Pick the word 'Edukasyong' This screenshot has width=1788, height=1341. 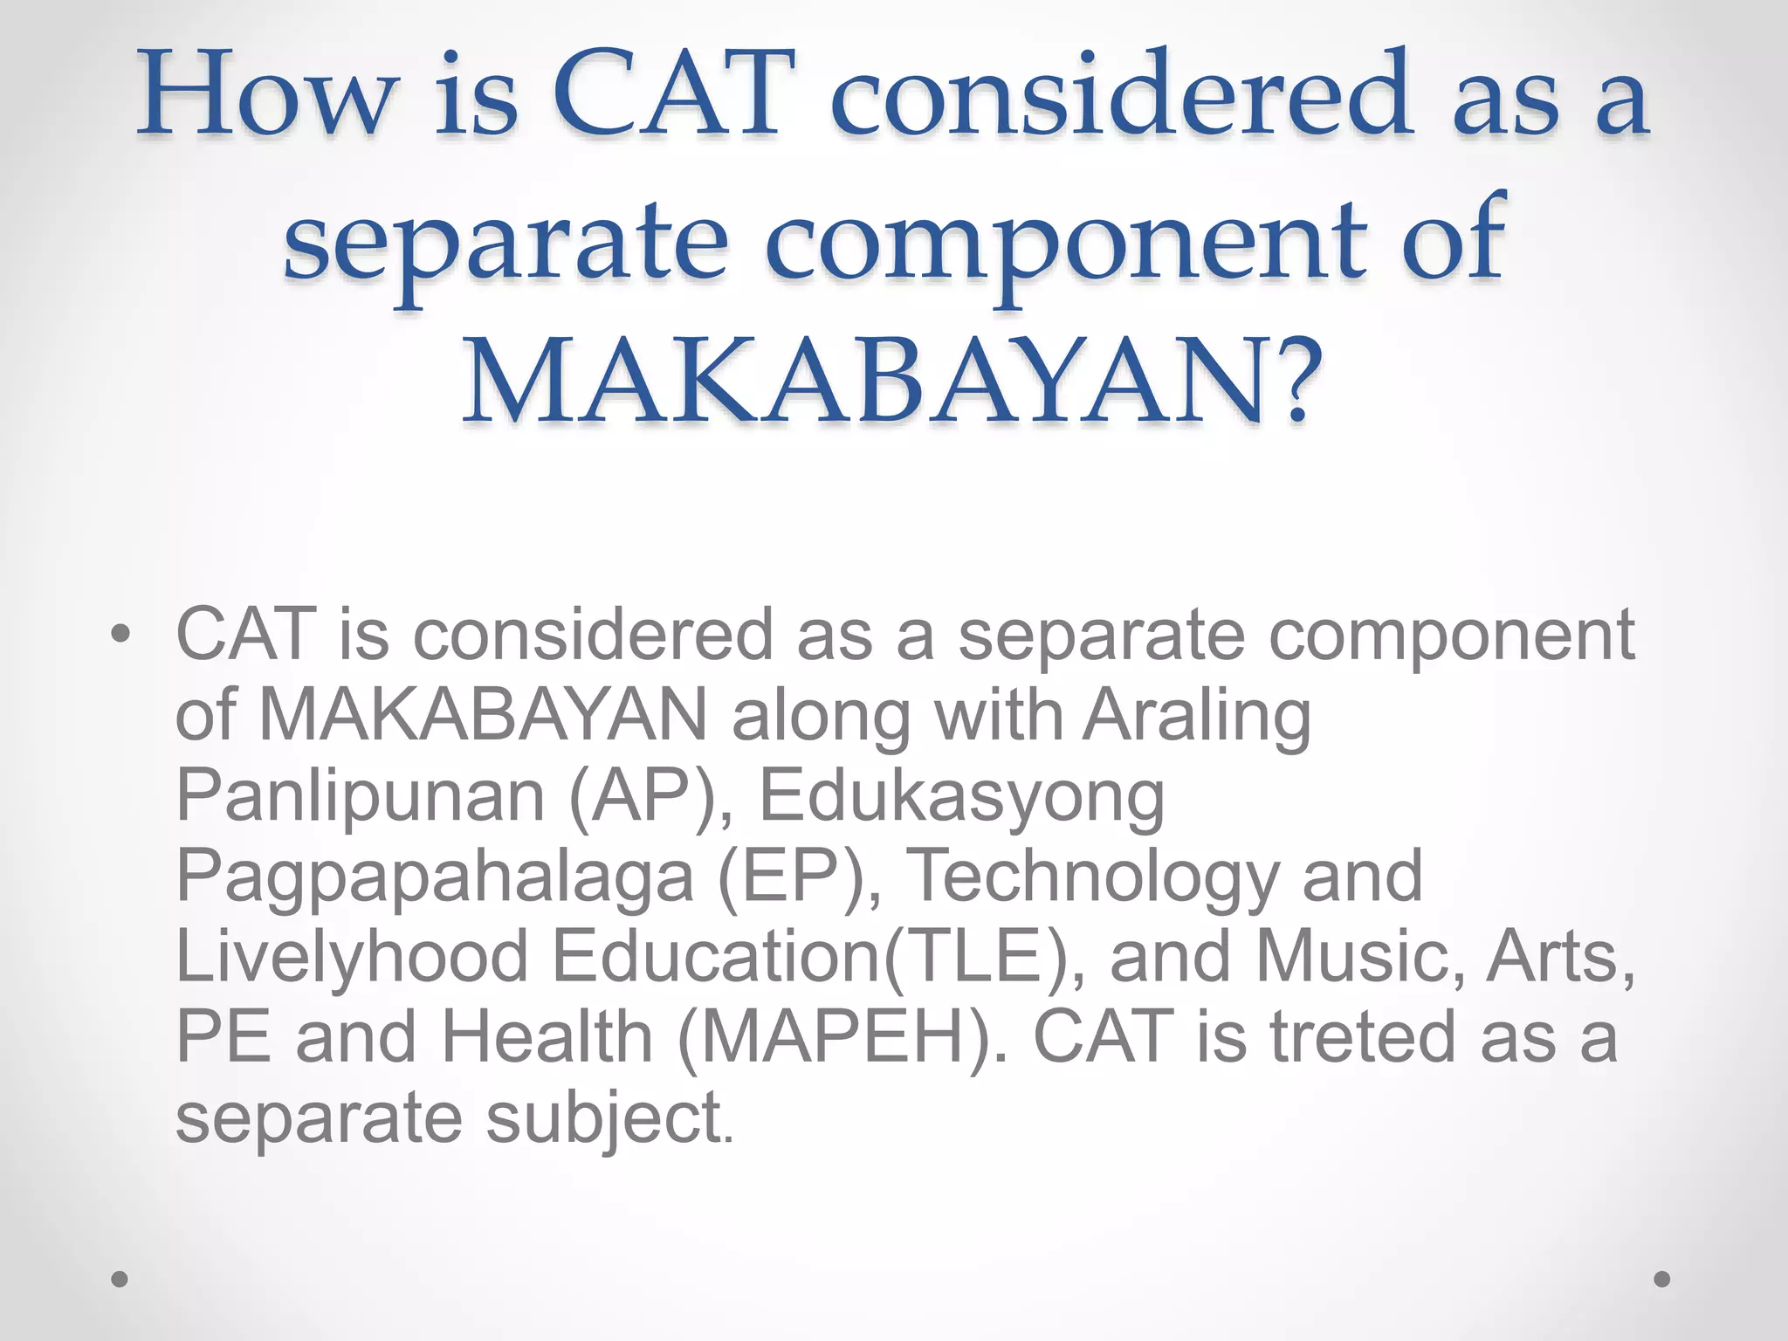(x=961, y=796)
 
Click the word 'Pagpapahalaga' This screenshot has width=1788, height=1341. (x=435, y=877)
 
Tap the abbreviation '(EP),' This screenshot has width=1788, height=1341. (x=799, y=877)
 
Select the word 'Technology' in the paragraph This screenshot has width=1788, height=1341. (x=1095, y=877)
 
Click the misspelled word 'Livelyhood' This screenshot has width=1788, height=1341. (x=353, y=957)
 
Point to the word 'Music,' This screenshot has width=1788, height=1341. (x=1361, y=957)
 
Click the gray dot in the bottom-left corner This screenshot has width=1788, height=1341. (x=120, y=1279)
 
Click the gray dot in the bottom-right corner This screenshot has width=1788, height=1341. (x=1662, y=1279)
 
